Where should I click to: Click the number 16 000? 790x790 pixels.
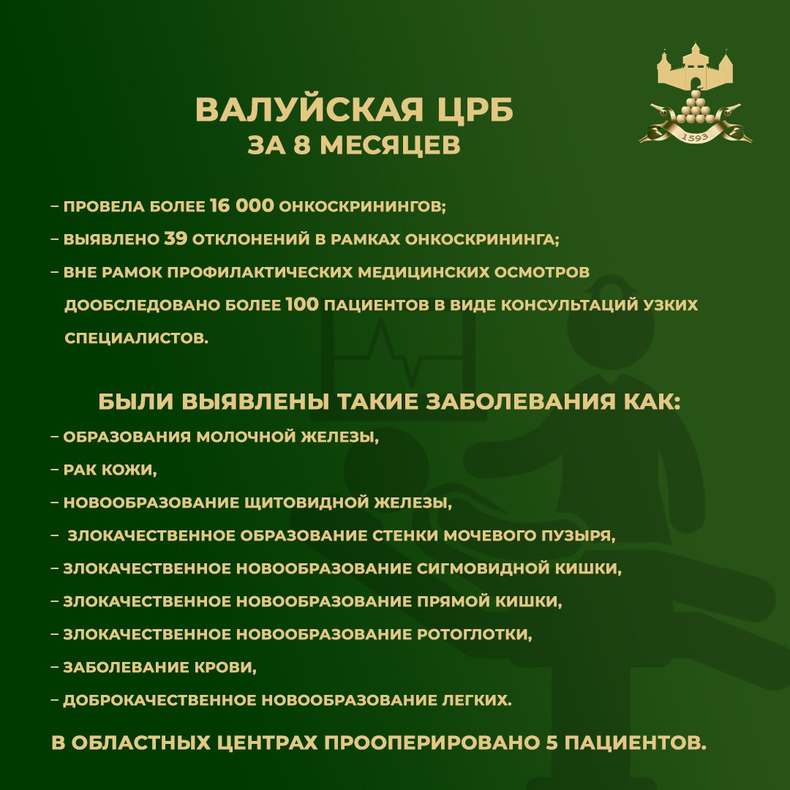click(x=241, y=206)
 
